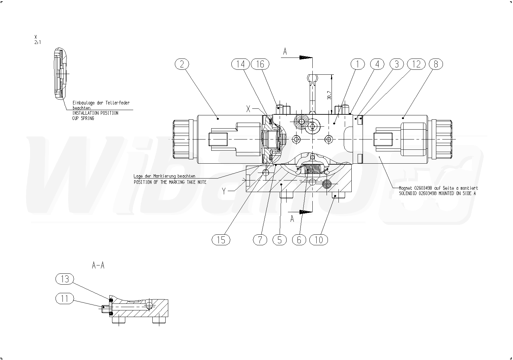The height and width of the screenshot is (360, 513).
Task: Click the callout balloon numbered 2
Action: pos(182,64)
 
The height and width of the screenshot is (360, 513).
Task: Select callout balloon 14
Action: pos(241,64)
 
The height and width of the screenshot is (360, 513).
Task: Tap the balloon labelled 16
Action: pos(260,64)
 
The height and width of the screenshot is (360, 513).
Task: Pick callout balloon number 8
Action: pos(436,64)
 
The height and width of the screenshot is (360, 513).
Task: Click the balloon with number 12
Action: pos(416,64)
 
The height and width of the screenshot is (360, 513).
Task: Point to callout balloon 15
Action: pos(221,240)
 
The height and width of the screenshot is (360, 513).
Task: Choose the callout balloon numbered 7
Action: pos(260,240)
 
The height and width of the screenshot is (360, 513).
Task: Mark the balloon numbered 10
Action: pos(319,240)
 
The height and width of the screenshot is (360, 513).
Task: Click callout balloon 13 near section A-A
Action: pos(65,279)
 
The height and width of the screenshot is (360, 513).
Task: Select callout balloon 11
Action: pos(65,299)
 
